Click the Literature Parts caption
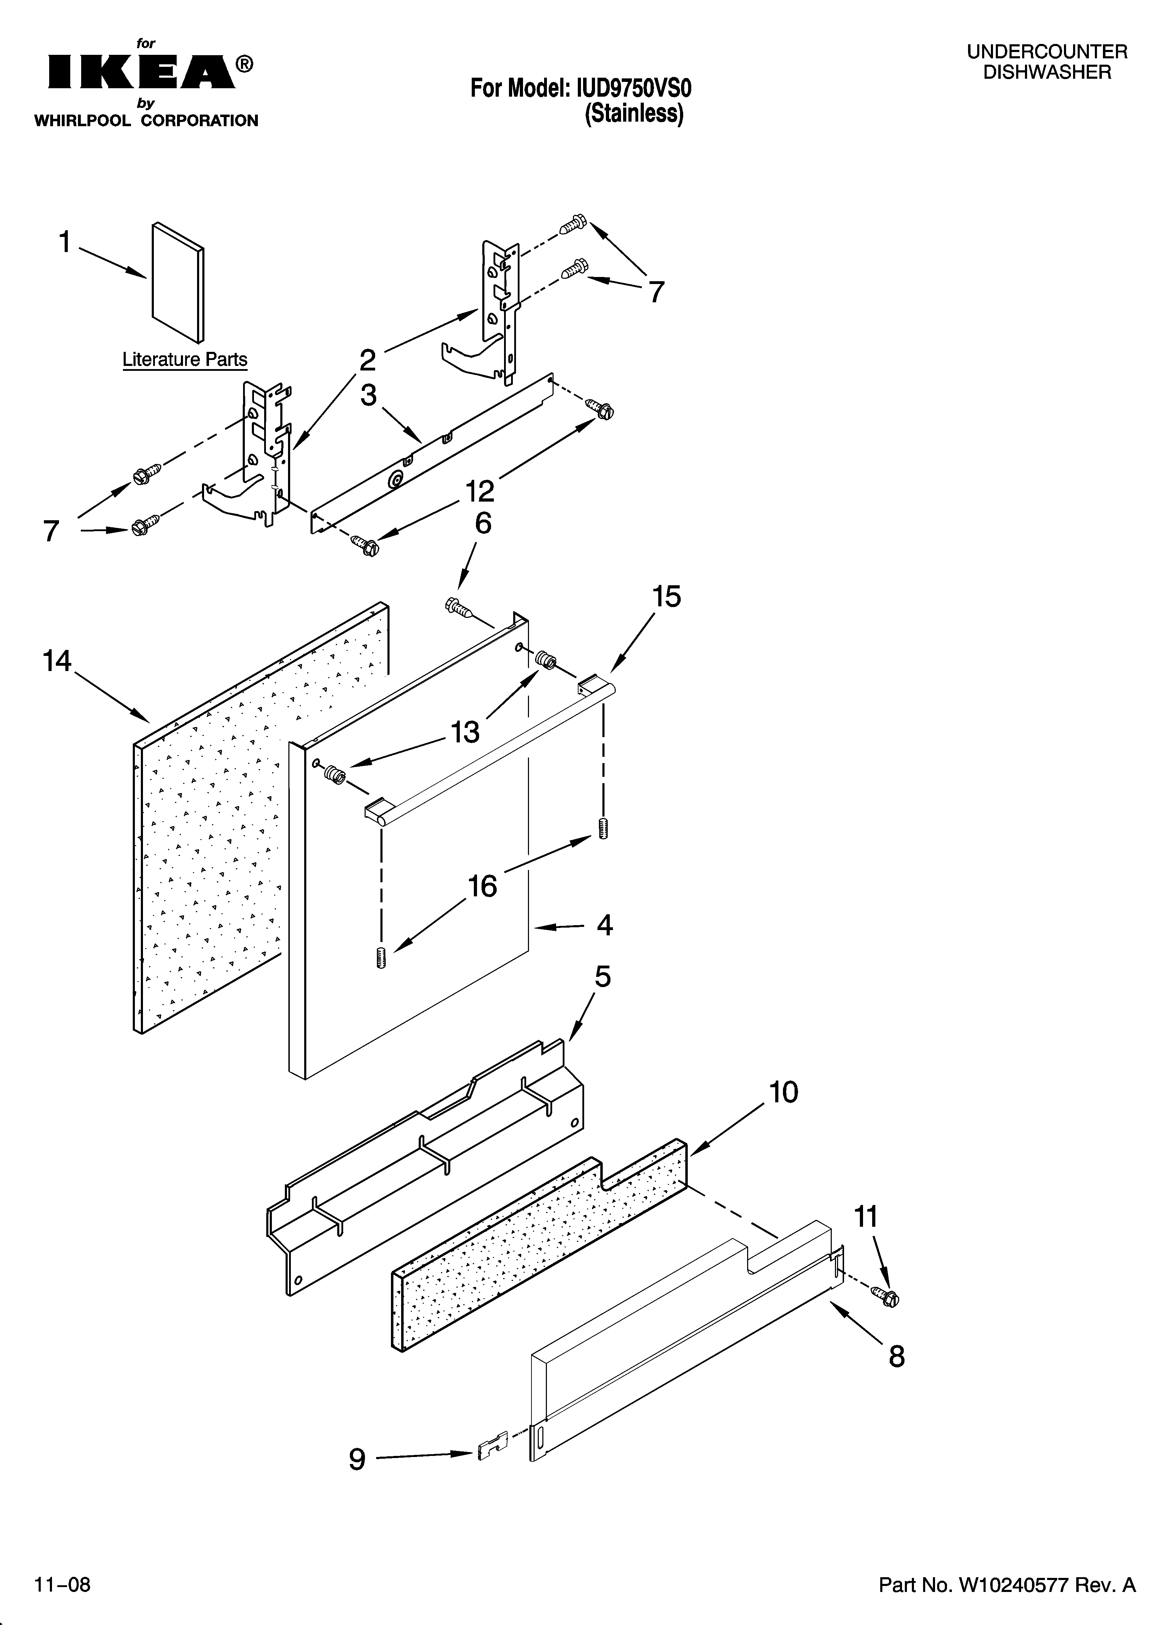(x=185, y=360)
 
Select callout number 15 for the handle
(x=666, y=596)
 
